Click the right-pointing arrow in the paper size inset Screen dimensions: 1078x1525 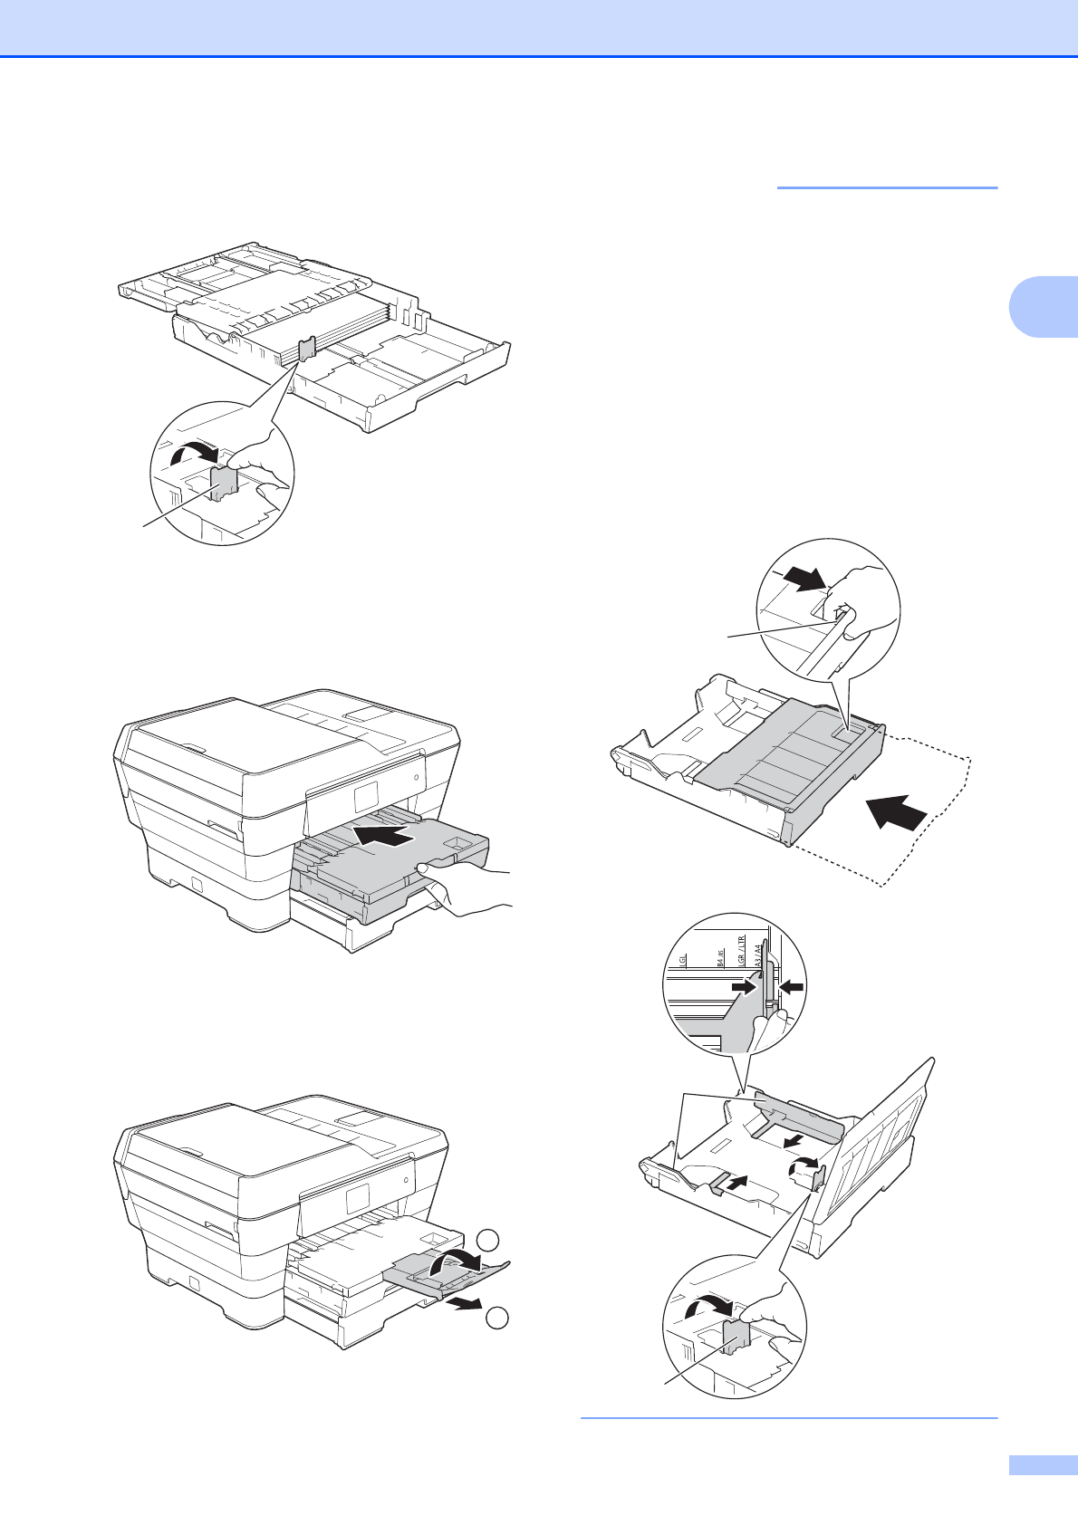click(x=744, y=990)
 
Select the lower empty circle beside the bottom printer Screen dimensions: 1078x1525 click(x=496, y=1319)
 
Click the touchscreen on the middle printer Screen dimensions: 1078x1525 click(x=367, y=798)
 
